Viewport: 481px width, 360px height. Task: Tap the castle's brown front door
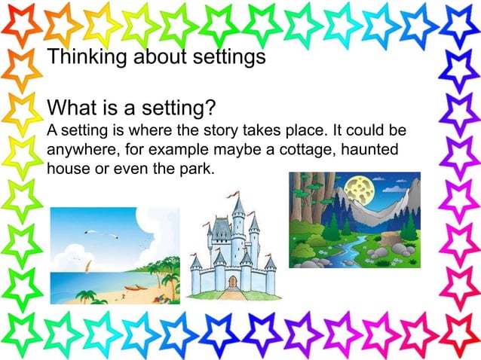232,282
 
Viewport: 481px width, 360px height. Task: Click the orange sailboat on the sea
88,265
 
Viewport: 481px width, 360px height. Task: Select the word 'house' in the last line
67,167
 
